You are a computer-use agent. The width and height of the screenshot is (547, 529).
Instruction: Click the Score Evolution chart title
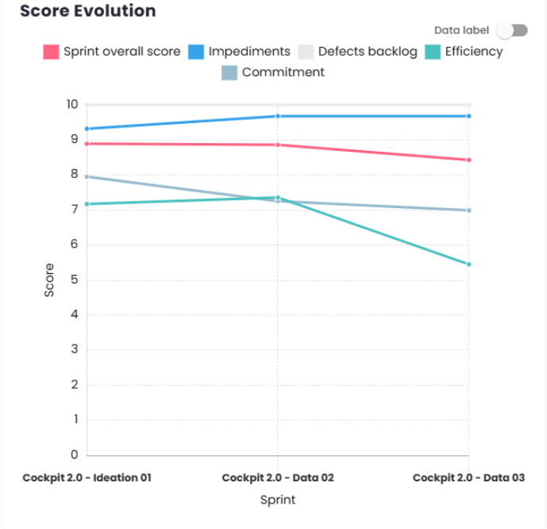(x=87, y=11)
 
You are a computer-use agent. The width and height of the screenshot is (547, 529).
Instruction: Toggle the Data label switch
(x=511, y=30)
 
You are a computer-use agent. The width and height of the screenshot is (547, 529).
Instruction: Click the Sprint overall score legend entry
(x=112, y=52)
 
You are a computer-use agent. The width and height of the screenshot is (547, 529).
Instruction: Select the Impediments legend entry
(x=239, y=52)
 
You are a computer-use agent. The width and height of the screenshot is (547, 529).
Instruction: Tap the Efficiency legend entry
(x=464, y=52)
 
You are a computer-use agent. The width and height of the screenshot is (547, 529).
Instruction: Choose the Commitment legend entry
(x=273, y=72)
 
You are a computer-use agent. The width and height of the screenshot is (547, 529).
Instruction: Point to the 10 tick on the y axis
(x=72, y=105)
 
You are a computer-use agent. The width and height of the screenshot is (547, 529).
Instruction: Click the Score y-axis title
(x=49, y=280)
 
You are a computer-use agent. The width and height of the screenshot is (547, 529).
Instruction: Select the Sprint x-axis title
(x=278, y=500)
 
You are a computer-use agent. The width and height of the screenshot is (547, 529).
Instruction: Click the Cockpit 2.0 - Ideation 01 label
(x=87, y=478)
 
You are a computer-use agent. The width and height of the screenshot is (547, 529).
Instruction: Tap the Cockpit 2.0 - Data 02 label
(x=278, y=478)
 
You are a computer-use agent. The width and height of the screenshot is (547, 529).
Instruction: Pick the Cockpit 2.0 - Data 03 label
(x=468, y=478)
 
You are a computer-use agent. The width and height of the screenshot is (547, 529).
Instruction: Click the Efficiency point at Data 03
(x=468, y=264)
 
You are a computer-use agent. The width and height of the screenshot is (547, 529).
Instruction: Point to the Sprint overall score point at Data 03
(x=468, y=160)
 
